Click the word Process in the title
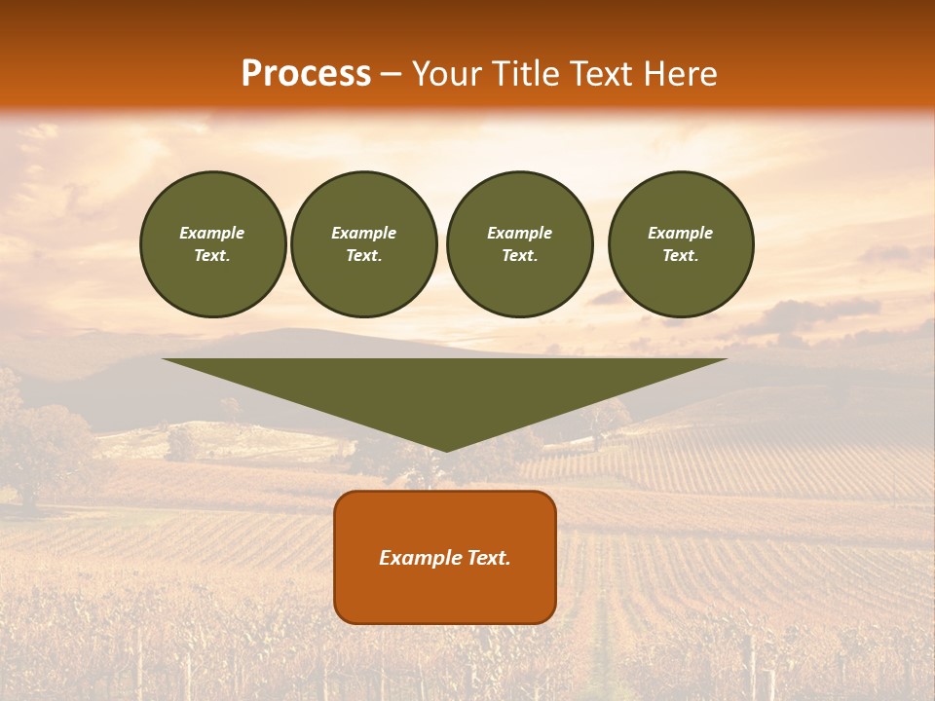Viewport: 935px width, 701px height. [306, 74]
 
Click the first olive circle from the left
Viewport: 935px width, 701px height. [213, 244]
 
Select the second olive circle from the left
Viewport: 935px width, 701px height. [364, 244]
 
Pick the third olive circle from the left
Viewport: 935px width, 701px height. [520, 244]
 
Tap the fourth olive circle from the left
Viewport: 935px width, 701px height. [681, 244]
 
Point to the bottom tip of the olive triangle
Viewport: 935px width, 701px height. [446, 450]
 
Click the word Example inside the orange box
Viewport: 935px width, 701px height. [419, 558]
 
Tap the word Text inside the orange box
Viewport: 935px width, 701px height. [487, 558]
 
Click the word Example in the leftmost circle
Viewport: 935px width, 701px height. [212, 234]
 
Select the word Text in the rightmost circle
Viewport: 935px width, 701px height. [680, 256]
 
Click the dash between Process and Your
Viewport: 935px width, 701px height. [391, 74]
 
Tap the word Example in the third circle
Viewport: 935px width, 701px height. [520, 234]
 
